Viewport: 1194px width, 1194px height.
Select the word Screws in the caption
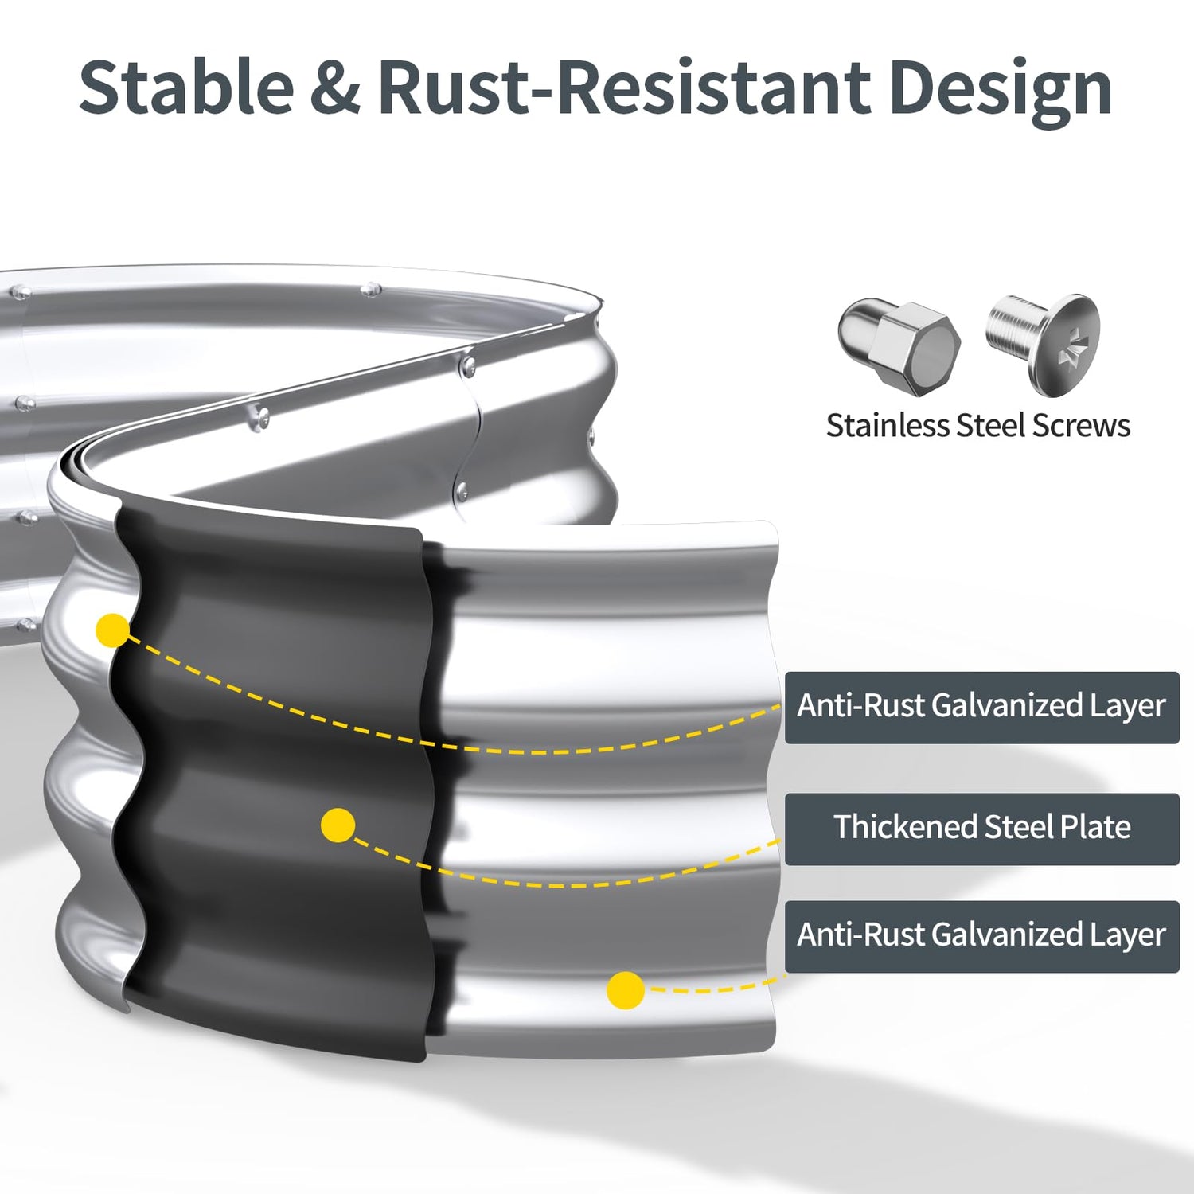coord(1080,425)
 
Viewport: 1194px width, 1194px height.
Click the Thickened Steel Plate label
coord(981,828)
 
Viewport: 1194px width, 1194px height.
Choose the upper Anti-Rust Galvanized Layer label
coord(981,707)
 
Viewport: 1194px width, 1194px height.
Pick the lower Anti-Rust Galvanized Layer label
coord(981,935)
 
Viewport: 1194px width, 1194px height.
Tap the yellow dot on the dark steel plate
coord(338,825)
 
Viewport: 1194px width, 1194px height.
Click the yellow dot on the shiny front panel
coord(626,990)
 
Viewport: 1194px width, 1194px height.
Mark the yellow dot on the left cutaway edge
coord(112,630)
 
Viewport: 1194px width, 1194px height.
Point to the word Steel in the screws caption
coord(990,425)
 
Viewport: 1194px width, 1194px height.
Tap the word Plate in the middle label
coord(1095,828)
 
